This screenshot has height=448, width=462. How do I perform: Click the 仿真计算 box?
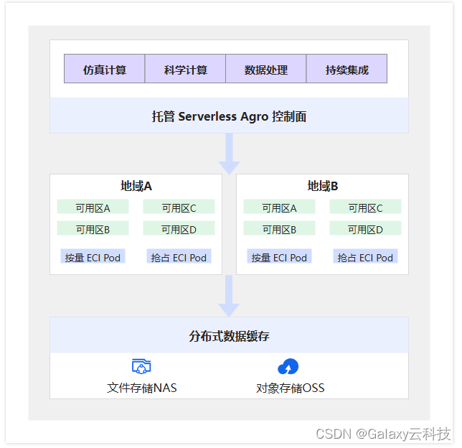click(105, 70)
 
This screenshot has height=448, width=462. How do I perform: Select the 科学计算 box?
click(185, 70)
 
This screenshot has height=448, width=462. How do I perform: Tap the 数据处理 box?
click(266, 70)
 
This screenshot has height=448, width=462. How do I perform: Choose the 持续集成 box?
click(346, 70)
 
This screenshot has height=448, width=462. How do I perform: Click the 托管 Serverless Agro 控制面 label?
click(229, 116)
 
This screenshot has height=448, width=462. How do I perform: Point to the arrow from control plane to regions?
click(229, 154)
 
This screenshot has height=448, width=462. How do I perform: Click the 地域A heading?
click(136, 186)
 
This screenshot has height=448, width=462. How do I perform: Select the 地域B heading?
click(323, 186)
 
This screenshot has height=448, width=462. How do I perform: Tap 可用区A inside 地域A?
click(93, 207)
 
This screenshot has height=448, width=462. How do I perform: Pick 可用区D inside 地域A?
click(179, 230)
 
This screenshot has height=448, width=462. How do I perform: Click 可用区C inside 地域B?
click(365, 207)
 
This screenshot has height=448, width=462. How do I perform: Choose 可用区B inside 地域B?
click(279, 230)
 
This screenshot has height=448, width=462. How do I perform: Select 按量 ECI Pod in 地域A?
click(93, 257)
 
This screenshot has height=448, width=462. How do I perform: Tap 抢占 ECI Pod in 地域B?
click(365, 257)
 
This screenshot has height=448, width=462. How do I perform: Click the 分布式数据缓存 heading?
click(229, 336)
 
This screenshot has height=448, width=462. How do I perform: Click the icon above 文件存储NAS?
click(141, 367)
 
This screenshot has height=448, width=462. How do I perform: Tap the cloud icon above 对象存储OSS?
click(288, 367)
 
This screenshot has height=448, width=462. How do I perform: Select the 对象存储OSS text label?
click(290, 388)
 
